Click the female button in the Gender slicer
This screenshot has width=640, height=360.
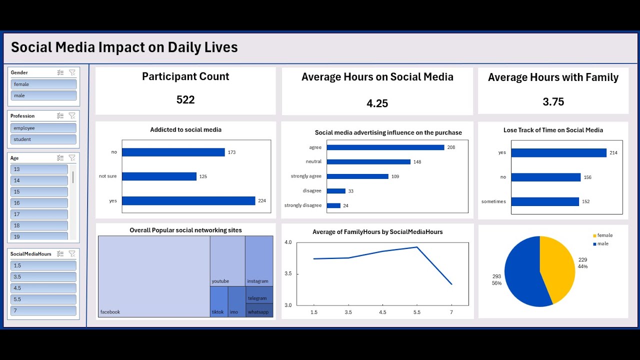click(43, 84)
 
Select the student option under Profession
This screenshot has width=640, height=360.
click(43, 139)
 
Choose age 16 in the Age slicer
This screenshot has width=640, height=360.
click(39, 203)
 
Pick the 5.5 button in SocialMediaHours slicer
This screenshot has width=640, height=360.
click(43, 299)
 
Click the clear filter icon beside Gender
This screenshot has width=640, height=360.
click(72, 72)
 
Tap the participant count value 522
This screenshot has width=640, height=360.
click(185, 100)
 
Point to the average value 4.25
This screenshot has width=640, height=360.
click(377, 103)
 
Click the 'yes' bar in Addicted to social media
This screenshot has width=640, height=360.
click(188, 201)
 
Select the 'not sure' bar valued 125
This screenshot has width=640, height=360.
click(159, 176)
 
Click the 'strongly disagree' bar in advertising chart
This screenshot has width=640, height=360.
click(333, 205)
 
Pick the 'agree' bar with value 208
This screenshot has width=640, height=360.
click(385, 147)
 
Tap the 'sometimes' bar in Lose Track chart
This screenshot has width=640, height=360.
click(544, 201)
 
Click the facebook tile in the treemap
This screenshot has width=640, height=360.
click(154, 276)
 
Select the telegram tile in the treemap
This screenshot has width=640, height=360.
click(259, 294)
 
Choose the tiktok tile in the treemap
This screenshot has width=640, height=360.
click(218, 301)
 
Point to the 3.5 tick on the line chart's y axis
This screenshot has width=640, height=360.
click(288, 274)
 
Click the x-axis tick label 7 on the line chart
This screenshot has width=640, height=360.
click(451, 312)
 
